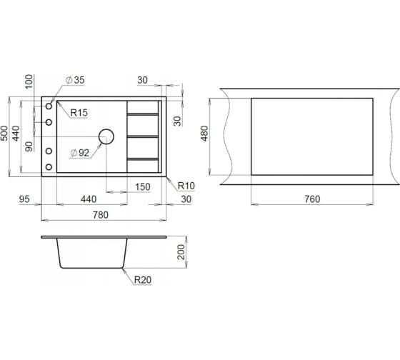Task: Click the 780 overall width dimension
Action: click(101, 215)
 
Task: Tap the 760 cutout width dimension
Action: click(312, 199)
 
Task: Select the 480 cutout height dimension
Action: click(204, 133)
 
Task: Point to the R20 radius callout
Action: click(143, 280)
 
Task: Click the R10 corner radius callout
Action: click(186, 186)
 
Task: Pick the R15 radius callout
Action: click(79, 113)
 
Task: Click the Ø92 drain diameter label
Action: click(80, 153)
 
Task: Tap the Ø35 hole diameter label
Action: click(75, 80)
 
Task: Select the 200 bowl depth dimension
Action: click(181, 252)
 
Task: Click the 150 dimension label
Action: click(143, 186)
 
